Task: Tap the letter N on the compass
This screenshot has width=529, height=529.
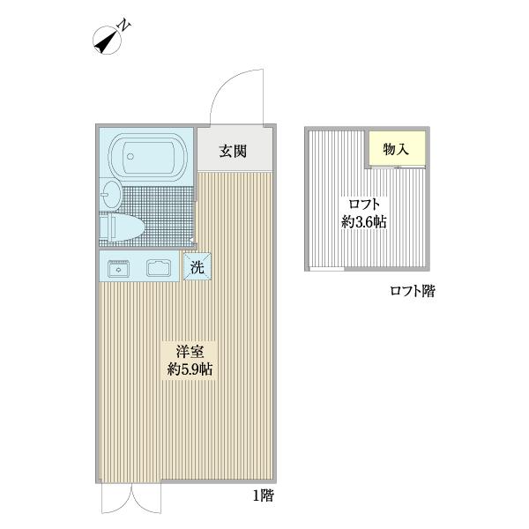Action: [125, 26]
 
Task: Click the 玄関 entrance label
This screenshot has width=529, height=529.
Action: [232, 151]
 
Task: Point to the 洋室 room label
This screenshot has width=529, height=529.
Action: [190, 350]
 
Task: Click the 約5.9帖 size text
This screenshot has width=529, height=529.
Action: [190, 369]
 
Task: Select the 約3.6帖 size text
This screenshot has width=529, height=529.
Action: [363, 222]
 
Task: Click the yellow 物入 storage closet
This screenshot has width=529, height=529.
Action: [397, 149]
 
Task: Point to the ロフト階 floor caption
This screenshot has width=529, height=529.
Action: [412, 291]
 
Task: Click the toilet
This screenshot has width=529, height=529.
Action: [122, 228]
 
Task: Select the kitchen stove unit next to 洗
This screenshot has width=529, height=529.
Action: [159, 268]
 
